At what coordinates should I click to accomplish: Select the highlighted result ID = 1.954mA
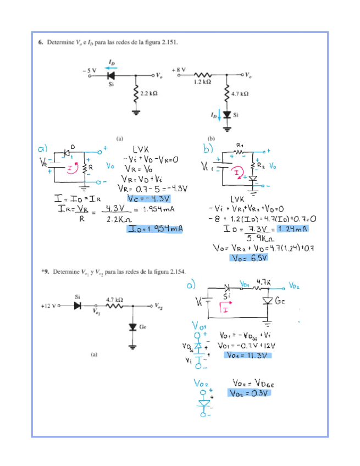155,229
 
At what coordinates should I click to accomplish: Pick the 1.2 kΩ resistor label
203,82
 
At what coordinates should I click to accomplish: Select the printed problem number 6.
40,42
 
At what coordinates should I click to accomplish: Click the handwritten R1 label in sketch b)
240,145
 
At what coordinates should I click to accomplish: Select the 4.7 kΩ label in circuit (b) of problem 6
240,95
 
